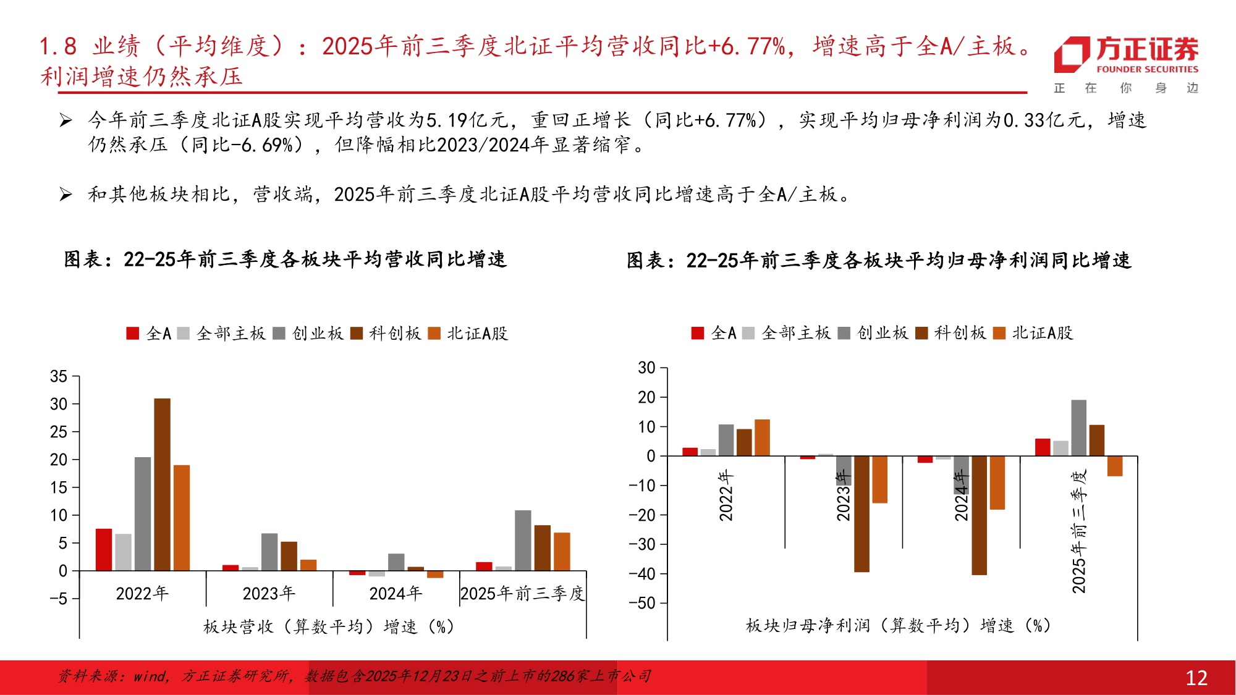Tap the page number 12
(x=1196, y=678)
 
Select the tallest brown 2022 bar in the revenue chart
(x=162, y=484)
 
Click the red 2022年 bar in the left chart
(x=104, y=549)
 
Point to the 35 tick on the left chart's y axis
(x=59, y=376)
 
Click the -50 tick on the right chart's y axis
(x=642, y=603)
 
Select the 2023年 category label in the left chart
(x=269, y=594)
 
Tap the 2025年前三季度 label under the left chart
(x=522, y=594)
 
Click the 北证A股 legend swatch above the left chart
(x=434, y=334)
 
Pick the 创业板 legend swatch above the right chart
(x=844, y=334)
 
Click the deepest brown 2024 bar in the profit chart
(x=979, y=515)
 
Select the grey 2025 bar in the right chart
(x=1078, y=428)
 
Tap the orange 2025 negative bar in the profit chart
(x=1114, y=466)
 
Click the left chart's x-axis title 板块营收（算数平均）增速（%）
(x=329, y=626)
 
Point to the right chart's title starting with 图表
(x=878, y=261)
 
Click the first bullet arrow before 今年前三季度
(x=66, y=120)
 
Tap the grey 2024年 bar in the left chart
(x=396, y=562)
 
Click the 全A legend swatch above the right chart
(x=698, y=334)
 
